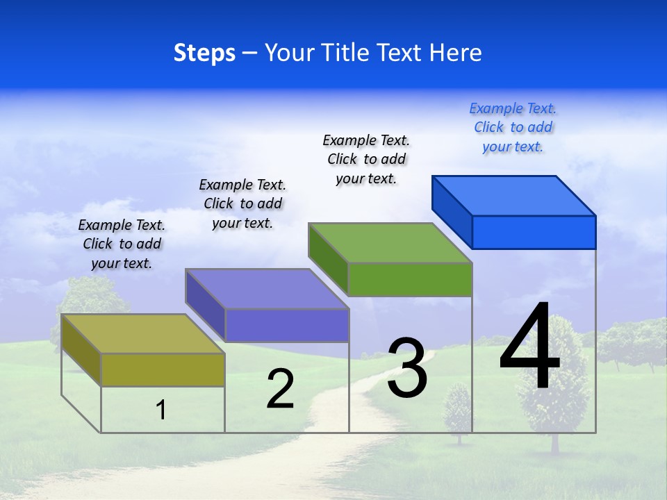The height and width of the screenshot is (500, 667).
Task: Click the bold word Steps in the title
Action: point(204,53)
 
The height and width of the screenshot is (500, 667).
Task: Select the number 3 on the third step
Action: point(407,368)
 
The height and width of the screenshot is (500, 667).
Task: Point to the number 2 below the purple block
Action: point(280,389)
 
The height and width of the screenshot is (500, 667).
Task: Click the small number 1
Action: point(161,410)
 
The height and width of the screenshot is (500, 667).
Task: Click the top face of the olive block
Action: point(142,333)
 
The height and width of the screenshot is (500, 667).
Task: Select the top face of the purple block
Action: point(267,288)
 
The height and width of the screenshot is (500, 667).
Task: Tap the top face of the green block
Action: point(390,243)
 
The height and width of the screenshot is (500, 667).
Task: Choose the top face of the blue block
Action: point(514,195)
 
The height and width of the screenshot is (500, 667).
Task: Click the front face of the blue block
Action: point(534,232)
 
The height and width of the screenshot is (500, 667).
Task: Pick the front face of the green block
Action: point(410,279)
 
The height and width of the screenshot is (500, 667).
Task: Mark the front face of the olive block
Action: point(163,369)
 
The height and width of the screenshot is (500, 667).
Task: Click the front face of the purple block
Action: point(286,325)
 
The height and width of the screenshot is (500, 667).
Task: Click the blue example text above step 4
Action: point(513,128)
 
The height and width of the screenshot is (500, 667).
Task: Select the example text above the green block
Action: point(366,159)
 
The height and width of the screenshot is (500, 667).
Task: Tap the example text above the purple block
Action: point(242,203)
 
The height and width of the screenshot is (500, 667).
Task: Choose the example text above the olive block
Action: point(122,244)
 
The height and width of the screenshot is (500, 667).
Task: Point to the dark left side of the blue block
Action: point(452,211)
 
